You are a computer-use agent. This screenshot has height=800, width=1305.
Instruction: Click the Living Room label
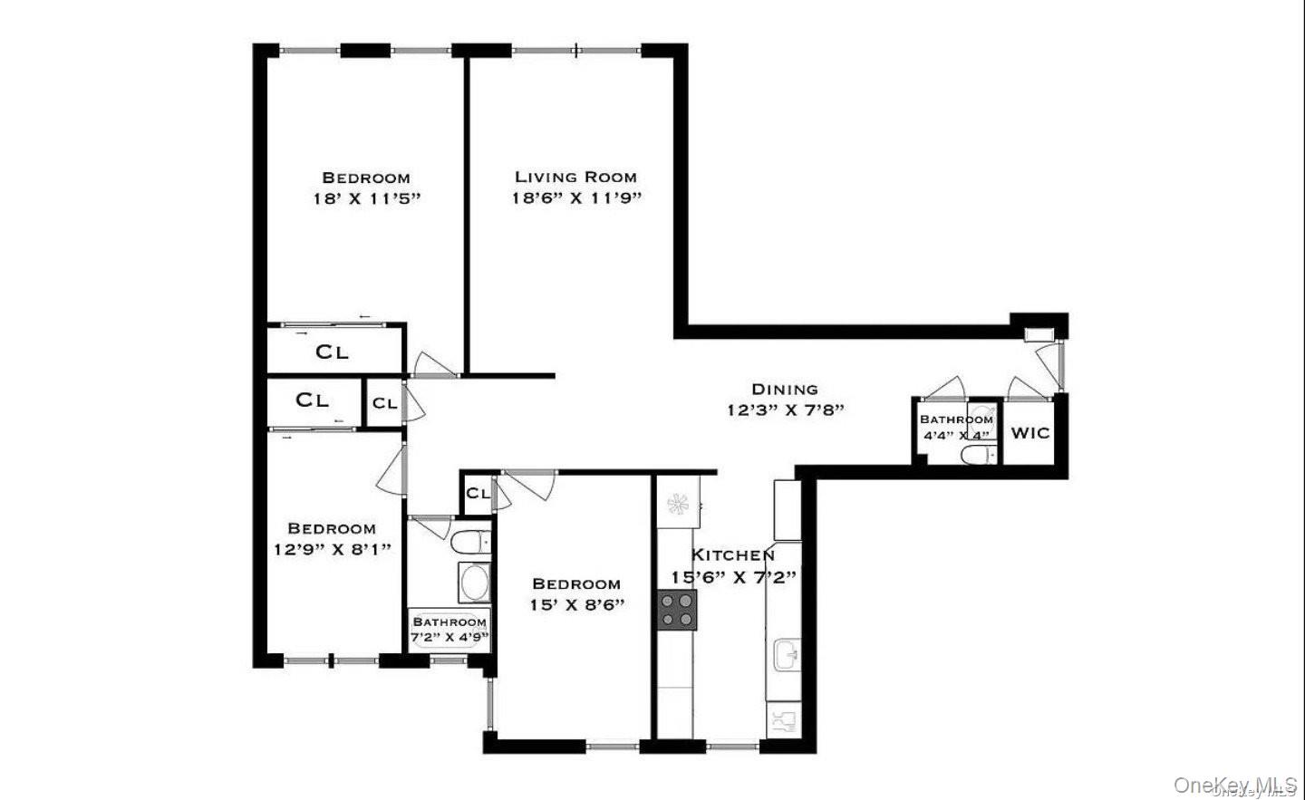(575, 177)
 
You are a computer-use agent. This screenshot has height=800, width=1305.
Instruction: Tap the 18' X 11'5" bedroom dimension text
(367, 198)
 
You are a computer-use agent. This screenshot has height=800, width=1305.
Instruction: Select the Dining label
(785, 389)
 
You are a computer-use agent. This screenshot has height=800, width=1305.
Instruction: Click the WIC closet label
(1029, 432)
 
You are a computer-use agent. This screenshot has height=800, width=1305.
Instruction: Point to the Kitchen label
(733, 554)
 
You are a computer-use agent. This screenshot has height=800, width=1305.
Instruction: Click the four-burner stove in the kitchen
(677, 610)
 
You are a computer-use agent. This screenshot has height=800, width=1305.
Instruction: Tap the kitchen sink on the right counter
(785, 652)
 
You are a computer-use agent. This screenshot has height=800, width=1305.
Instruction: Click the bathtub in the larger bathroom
(474, 582)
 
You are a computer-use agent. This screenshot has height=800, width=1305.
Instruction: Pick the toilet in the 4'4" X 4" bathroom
(977, 454)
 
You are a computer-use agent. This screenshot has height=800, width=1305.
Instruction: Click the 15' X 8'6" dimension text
(577, 604)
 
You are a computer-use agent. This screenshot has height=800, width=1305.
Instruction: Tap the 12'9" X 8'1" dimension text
(332, 548)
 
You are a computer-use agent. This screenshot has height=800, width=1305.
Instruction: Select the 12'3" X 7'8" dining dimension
(785, 410)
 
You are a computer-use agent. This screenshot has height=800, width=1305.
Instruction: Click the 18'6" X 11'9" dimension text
(575, 198)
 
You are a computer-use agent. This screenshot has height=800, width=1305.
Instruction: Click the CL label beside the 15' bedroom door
(478, 493)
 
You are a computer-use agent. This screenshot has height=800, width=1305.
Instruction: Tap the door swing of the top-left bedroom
(426, 364)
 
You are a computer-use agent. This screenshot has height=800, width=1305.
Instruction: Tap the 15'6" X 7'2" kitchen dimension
(733, 576)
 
